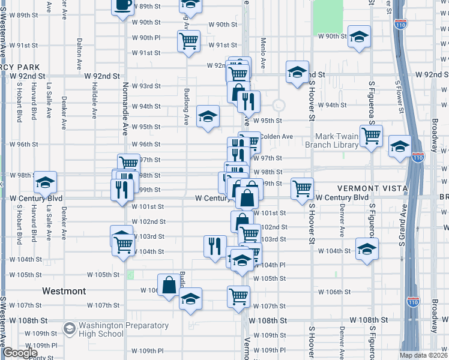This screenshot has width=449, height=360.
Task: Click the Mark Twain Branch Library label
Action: point(331,140)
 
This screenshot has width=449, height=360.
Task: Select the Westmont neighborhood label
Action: point(64,291)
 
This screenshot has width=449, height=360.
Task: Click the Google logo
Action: point(19,353)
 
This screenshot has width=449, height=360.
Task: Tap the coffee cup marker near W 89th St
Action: point(123,5)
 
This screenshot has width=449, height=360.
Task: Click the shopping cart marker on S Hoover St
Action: point(302,188)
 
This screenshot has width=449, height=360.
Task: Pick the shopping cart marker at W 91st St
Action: point(188,41)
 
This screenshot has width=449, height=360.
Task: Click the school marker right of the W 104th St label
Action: point(366,249)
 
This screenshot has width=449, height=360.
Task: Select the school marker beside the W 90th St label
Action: point(359,37)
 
